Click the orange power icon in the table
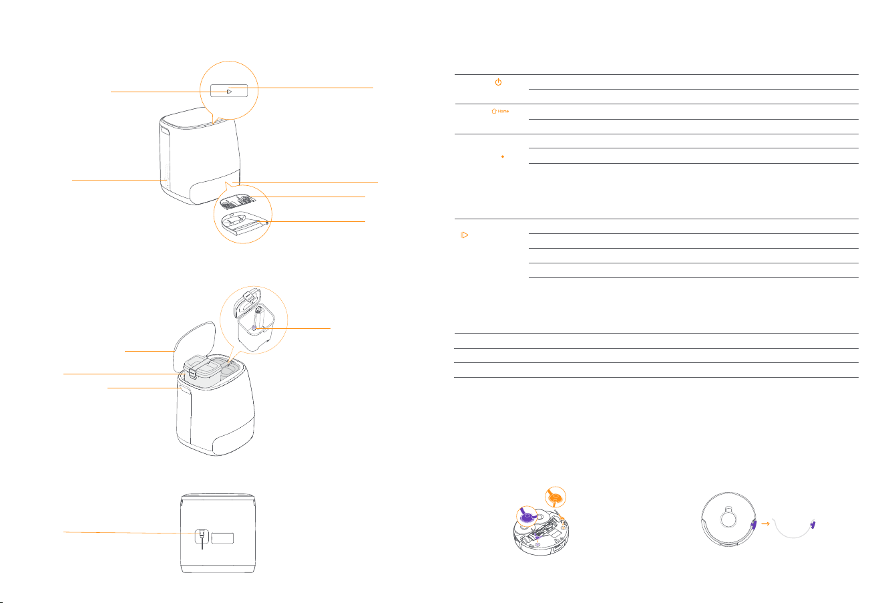point(498,82)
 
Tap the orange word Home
point(503,112)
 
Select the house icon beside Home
point(494,111)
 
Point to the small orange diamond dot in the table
point(502,156)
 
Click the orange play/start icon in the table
point(465,235)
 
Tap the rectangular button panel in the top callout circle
point(229,90)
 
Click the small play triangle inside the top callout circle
point(229,92)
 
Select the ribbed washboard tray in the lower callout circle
point(238,201)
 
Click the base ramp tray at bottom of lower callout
point(244,223)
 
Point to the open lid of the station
point(194,344)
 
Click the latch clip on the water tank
point(192,373)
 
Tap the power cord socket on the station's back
point(202,536)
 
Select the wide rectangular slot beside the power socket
point(222,538)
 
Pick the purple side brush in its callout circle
point(527,516)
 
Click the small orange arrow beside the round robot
point(766,524)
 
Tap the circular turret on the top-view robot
point(728,519)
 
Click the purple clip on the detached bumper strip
point(813,525)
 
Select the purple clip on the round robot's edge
point(754,525)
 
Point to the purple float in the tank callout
point(254,328)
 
